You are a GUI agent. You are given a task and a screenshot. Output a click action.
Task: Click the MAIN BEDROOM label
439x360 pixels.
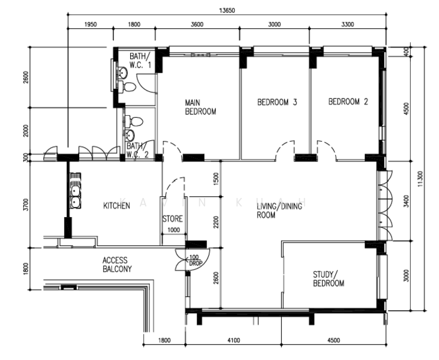click(200, 107)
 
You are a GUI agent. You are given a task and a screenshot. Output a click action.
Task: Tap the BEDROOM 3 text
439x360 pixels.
click(277, 102)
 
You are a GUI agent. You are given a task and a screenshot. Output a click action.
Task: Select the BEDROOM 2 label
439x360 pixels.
click(348, 102)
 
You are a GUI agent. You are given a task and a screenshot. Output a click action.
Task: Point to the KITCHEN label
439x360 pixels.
click(116, 206)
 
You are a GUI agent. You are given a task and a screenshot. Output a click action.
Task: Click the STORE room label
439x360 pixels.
click(173, 219)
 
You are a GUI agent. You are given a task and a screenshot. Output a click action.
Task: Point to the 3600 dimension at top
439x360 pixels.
click(197, 25)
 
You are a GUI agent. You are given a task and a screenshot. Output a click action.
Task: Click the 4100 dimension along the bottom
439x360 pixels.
click(233, 340)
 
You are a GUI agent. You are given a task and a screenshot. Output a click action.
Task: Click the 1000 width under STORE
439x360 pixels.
click(173, 230)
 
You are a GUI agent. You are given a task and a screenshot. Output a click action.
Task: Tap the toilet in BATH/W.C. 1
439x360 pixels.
click(128, 88)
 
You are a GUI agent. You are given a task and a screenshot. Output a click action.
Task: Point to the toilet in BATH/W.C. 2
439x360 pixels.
click(136, 122)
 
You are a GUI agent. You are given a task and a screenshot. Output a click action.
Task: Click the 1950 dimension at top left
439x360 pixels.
click(91, 25)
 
